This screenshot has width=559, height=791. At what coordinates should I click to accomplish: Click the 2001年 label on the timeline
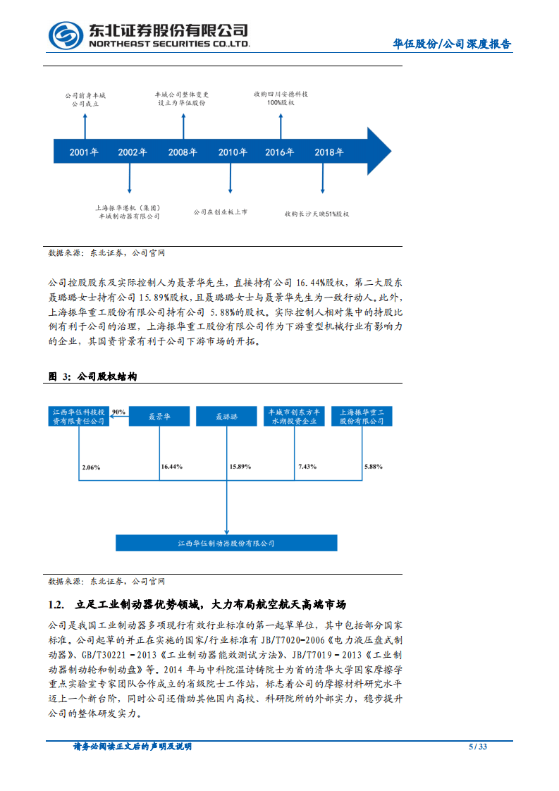pyautogui.click(x=84, y=152)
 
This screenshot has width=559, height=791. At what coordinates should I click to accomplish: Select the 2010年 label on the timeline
pyautogui.click(x=233, y=152)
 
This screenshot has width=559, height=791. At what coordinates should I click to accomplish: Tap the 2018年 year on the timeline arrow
pyautogui.click(x=328, y=152)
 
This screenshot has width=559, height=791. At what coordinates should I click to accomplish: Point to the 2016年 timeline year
pyautogui.click(x=280, y=152)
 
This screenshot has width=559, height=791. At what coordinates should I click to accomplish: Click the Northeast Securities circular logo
pyautogui.click(x=66, y=35)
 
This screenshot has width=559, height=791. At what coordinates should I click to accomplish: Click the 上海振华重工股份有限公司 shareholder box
pyautogui.click(x=362, y=417)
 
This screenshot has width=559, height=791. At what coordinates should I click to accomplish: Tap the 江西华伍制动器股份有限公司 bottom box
pyautogui.click(x=226, y=544)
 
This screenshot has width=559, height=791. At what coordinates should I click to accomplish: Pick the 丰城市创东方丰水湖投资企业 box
pyautogui.click(x=294, y=417)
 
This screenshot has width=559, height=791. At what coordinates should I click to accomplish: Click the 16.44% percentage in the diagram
pyautogui.click(x=172, y=467)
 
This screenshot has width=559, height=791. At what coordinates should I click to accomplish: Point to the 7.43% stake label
pyautogui.click(x=307, y=467)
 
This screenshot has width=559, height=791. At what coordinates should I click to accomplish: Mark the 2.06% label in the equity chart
pyautogui.click(x=92, y=467)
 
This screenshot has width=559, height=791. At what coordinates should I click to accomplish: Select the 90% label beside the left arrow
pyautogui.click(x=118, y=412)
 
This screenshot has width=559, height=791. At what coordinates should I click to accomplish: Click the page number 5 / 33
pyautogui.click(x=478, y=747)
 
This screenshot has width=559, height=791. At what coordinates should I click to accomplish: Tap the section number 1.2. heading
pyautogui.click(x=56, y=605)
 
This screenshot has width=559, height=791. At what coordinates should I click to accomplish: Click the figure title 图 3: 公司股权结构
pyautogui.click(x=92, y=377)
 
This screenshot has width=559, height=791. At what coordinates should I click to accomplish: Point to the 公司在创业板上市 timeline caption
pyautogui.click(x=220, y=211)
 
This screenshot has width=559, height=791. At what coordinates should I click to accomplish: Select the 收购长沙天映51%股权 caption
pyautogui.click(x=317, y=213)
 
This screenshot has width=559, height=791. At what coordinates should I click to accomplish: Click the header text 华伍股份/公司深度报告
pyautogui.click(x=452, y=44)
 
